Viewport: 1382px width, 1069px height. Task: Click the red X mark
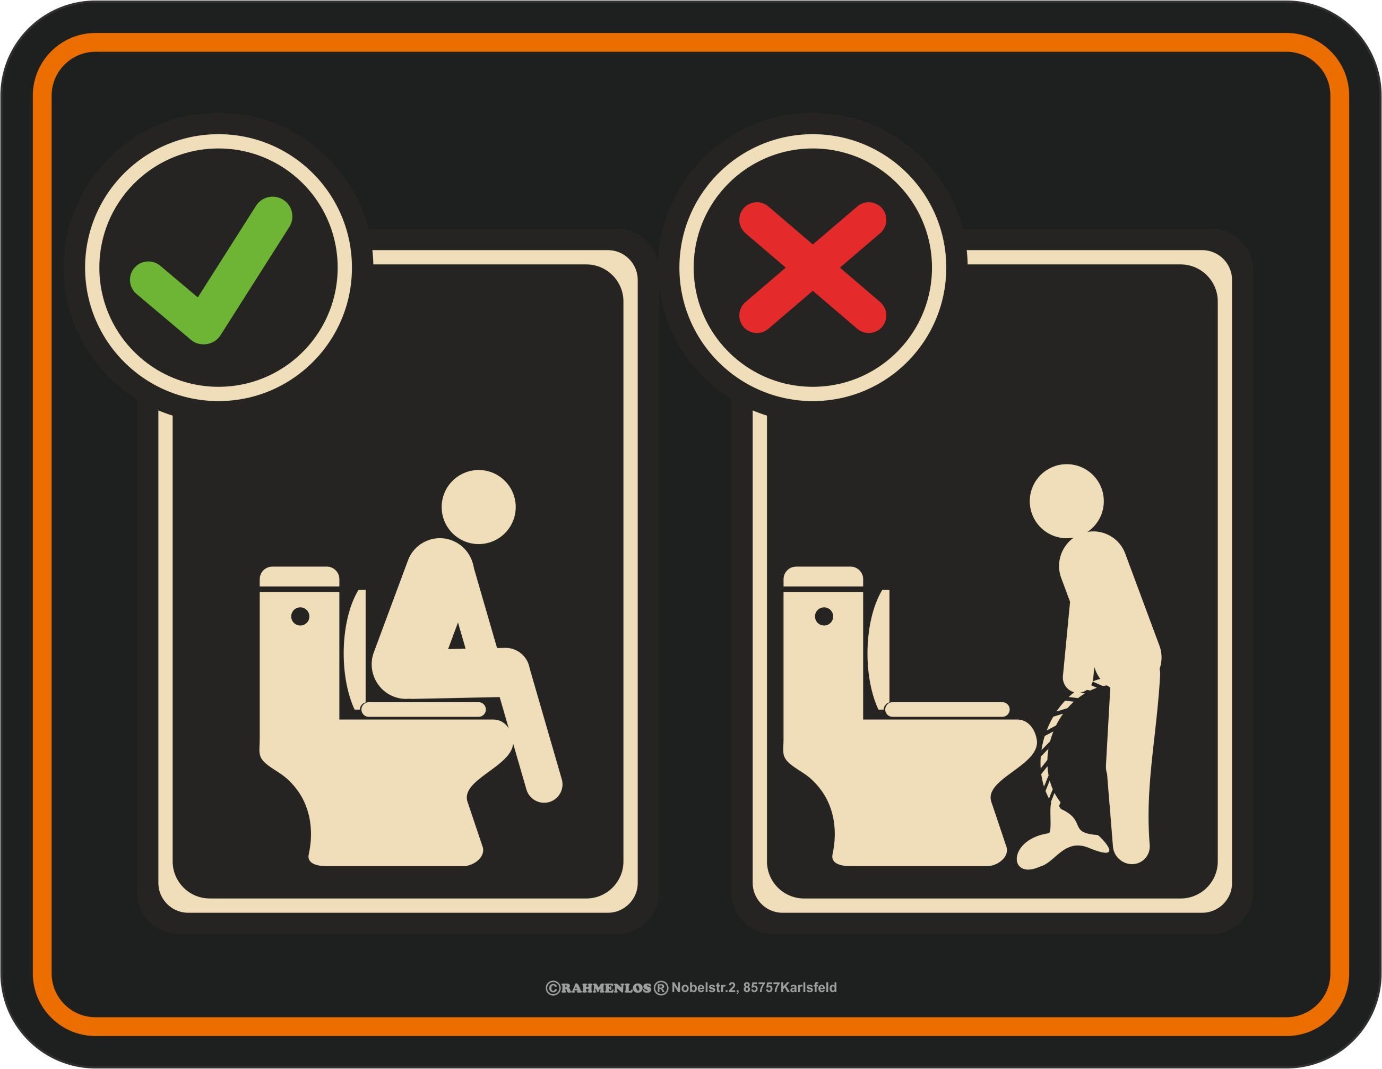tap(813, 266)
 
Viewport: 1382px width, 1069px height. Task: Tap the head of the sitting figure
tap(478, 506)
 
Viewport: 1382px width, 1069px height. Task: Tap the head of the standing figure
tap(1066, 501)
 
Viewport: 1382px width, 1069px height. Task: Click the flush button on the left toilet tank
tap(300, 616)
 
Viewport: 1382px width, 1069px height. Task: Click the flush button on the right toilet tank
tap(824, 616)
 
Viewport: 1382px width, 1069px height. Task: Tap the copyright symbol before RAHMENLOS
tap(553, 988)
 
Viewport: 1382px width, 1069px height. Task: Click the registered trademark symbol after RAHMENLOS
tap(661, 988)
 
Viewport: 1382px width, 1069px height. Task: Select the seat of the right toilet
tap(947, 710)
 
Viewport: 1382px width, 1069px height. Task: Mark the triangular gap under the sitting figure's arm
tap(457, 637)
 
